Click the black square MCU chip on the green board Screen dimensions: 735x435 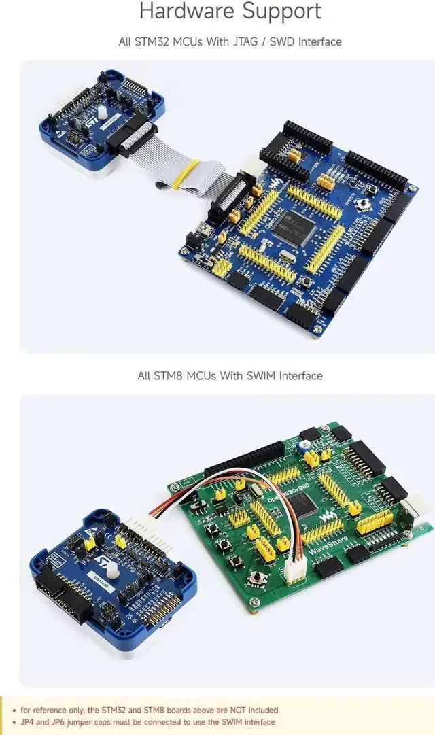(307, 503)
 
